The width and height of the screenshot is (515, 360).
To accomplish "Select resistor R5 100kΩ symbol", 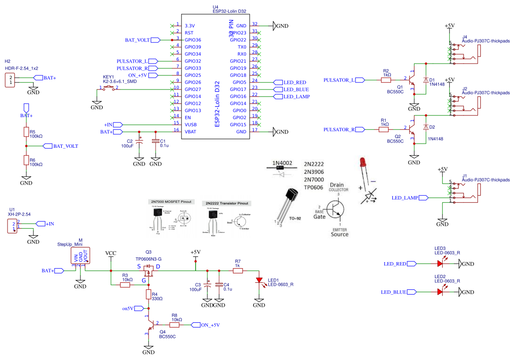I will [x=26, y=132].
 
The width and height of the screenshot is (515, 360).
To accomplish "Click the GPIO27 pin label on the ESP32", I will [x=193, y=89].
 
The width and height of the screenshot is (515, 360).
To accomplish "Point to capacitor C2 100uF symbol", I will [x=139, y=141].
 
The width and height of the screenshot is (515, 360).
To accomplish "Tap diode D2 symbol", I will [x=426, y=128].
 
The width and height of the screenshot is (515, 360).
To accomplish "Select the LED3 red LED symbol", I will [x=440, y=264].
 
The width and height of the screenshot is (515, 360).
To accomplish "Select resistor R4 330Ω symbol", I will [x=148, y=295].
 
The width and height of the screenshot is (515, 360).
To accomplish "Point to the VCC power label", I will [x=111, y=253].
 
